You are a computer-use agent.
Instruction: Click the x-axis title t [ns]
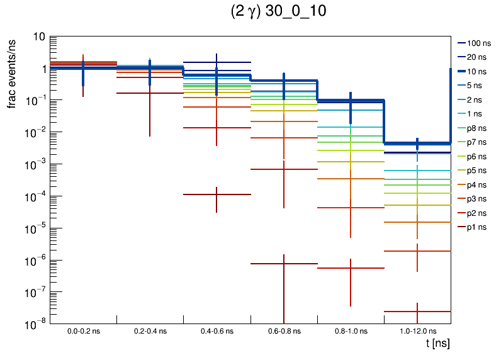(x=437, y=344)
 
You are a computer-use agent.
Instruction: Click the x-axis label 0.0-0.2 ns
(x=83, y=330)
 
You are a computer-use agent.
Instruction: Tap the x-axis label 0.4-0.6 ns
(x=217, y=330)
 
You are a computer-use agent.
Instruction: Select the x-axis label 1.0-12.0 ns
(x=417, y=330)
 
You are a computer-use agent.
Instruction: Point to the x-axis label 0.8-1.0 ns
(x=351, y=330)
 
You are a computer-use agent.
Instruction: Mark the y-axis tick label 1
(x=42, y=69)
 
